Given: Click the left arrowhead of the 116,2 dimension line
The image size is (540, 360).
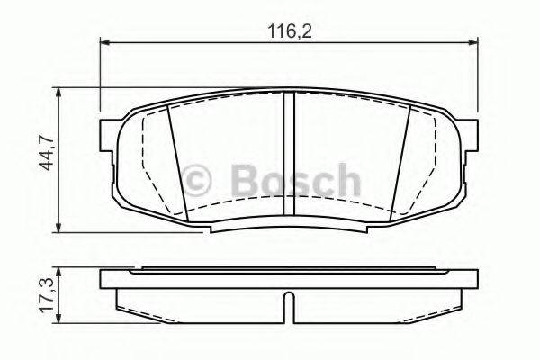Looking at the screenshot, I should click(x=103, y=41).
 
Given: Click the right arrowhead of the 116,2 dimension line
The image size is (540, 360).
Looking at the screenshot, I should click(x=474, y=41).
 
